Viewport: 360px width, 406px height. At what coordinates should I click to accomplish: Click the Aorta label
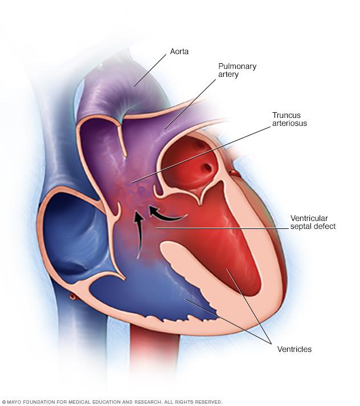point(179,51)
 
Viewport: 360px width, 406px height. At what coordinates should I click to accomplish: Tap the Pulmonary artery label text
point(237,70)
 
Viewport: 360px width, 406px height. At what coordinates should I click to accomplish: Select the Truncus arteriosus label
point(289,119)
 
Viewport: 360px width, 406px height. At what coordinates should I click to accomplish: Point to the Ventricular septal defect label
point(313,222)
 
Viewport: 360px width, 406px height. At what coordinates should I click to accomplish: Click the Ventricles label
point(294,349)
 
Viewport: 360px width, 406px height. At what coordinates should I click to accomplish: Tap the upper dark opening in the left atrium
point(200,145)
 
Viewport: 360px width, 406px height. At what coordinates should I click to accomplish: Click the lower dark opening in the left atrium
point(207,167)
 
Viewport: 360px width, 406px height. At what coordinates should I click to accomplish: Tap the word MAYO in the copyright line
point(13,402)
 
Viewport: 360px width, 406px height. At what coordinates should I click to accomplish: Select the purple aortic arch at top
point(117,88)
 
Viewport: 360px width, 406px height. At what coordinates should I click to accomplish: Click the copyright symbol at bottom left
point(3,402)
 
